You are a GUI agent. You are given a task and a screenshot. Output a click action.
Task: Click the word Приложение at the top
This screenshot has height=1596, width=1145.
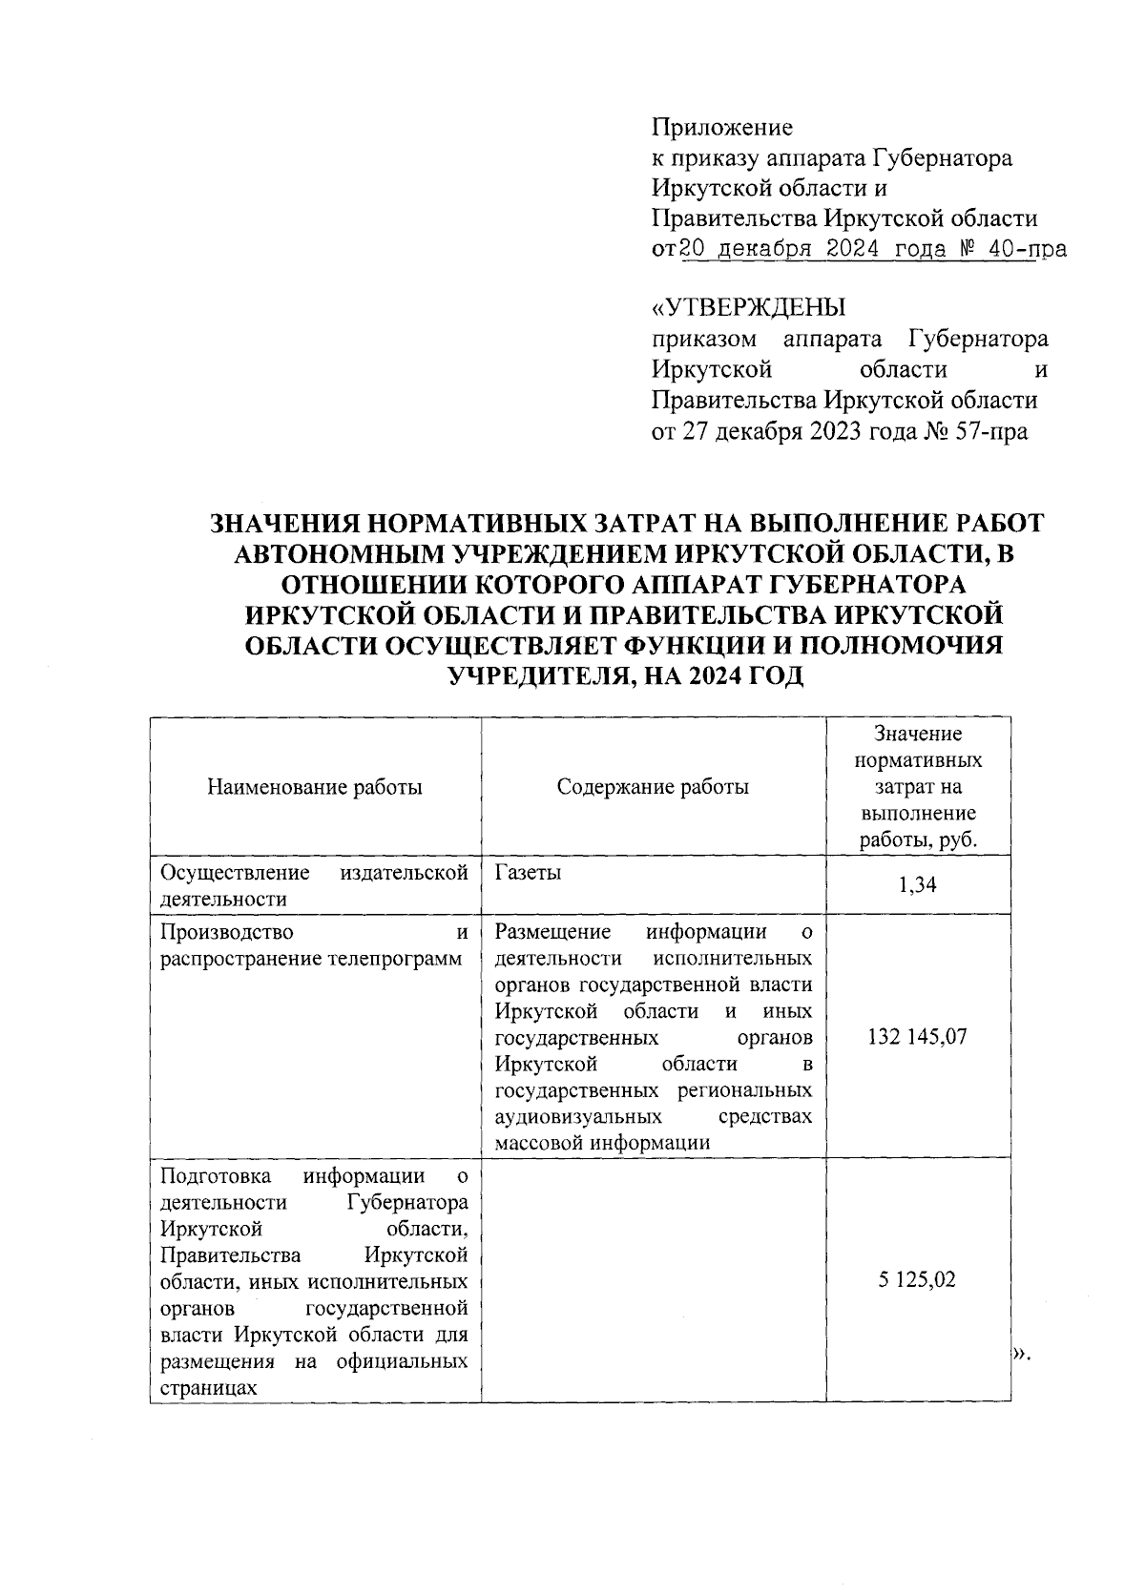click(721, 128)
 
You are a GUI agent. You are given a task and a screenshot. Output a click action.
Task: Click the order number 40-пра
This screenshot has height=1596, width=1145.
click(1030, 250)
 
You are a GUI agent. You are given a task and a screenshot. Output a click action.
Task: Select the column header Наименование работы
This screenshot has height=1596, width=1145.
click(315, 787)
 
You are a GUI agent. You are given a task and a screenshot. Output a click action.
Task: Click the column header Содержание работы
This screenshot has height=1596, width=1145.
click(653, 787)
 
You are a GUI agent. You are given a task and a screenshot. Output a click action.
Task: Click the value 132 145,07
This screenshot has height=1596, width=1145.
click(917, 1036)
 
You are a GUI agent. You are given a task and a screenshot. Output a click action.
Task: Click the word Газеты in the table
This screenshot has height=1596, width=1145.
click(529, 873)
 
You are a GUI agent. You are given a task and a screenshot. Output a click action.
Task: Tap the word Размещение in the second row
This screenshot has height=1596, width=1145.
click(552, 931)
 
